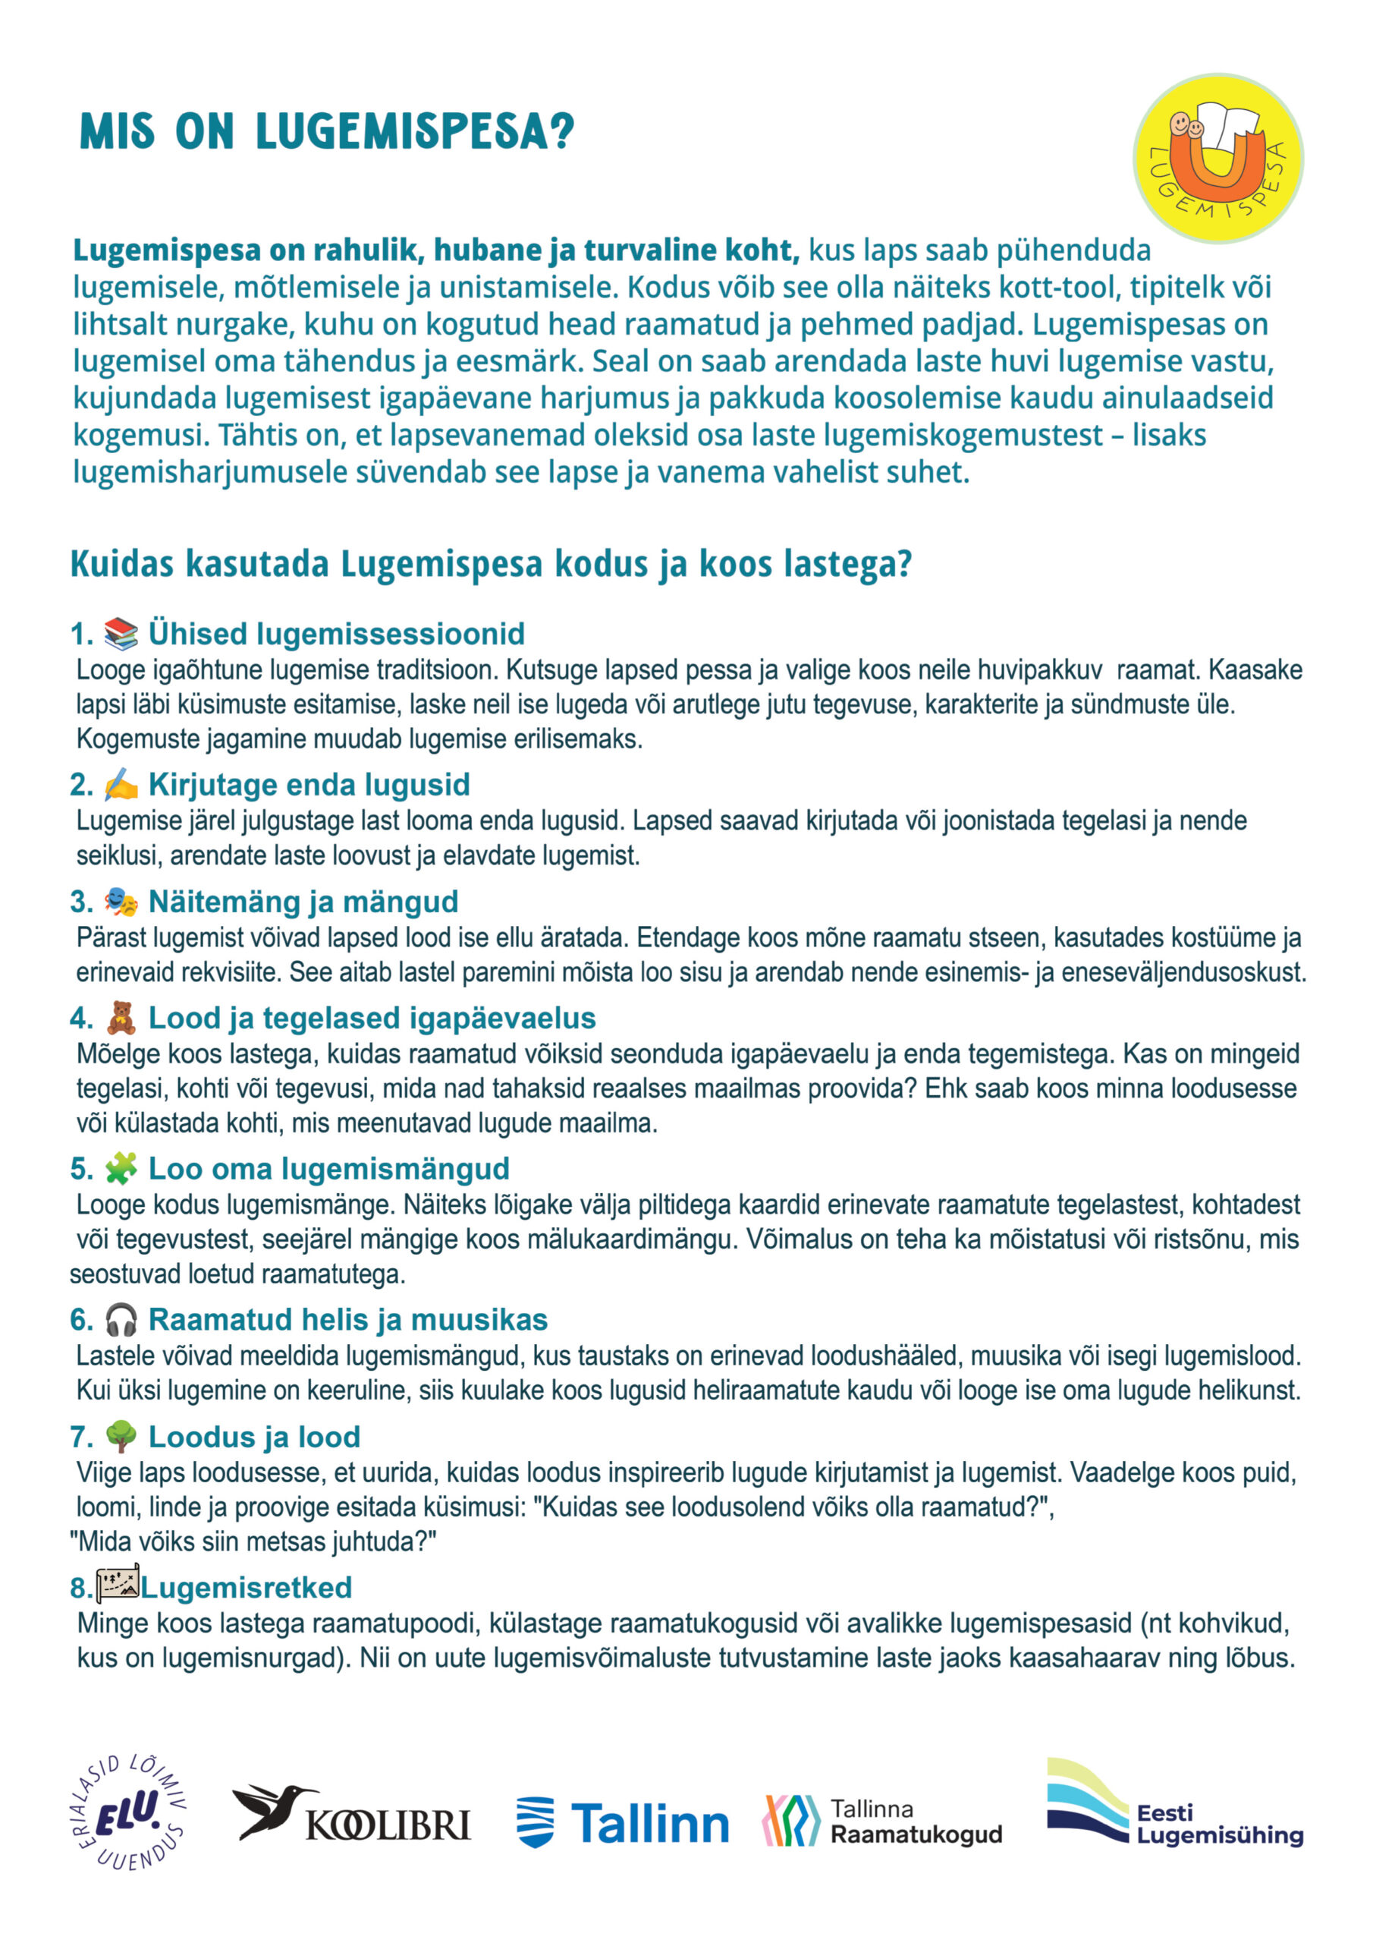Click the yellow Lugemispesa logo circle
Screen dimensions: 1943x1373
1217,159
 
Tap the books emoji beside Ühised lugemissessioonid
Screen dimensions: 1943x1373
120,633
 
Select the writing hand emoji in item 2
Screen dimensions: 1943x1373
120,785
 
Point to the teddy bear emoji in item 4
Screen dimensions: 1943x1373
120,1017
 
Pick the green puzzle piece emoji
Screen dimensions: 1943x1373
120,1169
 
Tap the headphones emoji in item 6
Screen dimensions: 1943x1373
120,1319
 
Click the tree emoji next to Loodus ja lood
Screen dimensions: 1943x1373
120,1436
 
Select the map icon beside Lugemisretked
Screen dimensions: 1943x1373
117,1585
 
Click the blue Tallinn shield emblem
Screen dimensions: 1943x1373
535,1822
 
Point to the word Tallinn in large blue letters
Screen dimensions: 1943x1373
649,1823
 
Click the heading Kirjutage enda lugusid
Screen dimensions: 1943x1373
309,785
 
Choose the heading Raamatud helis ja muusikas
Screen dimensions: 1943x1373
347,1319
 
